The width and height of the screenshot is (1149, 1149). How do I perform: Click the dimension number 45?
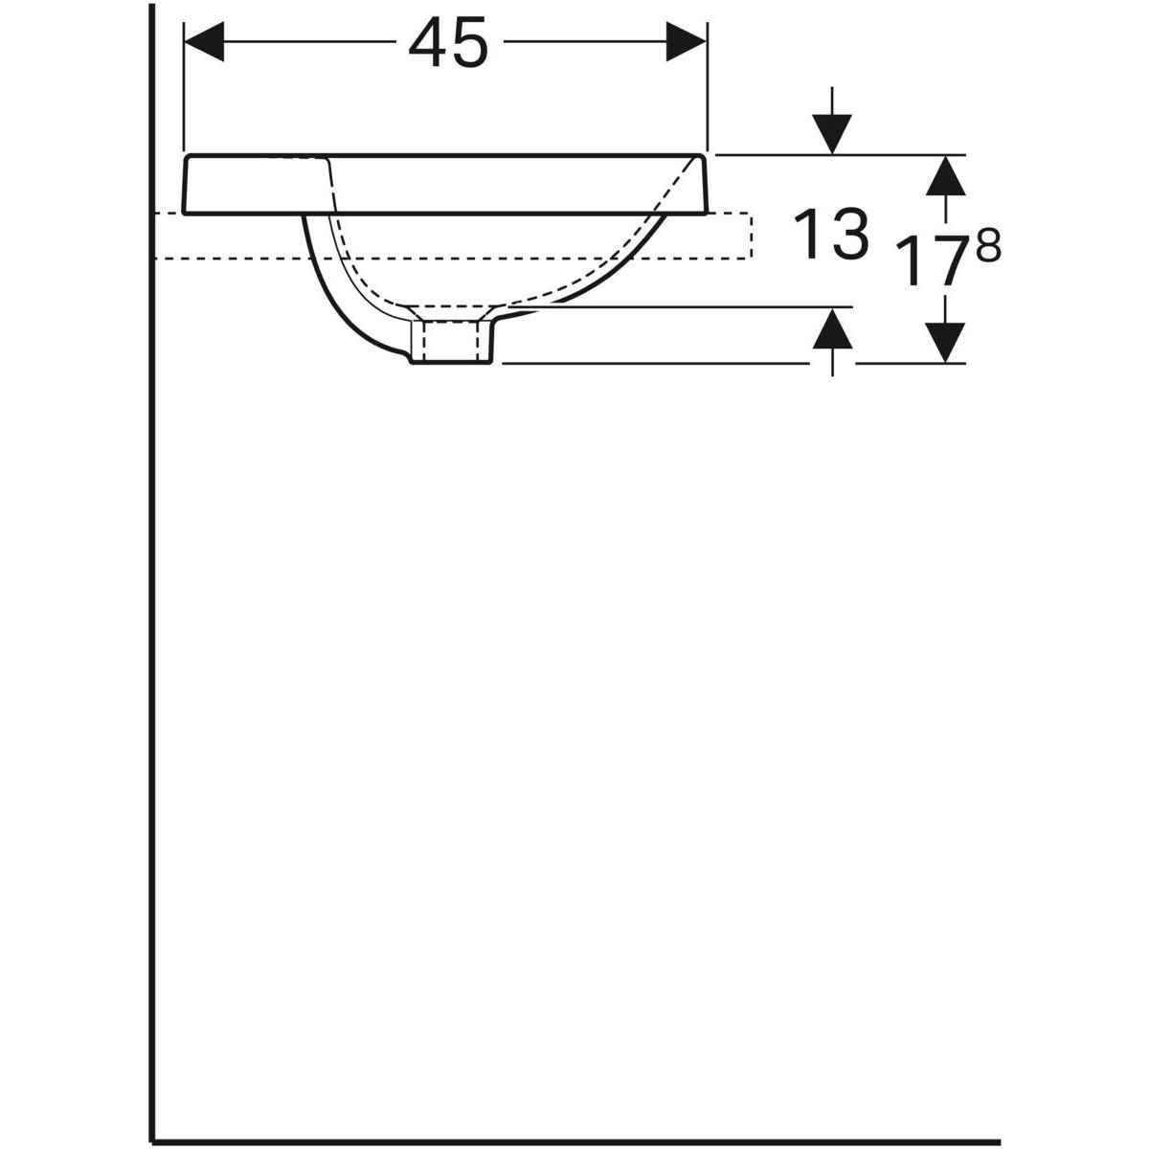click(447, 44)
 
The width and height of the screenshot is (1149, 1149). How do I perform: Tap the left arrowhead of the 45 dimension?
click(202, 42)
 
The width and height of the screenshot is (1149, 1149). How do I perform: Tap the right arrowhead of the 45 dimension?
click(687, 42)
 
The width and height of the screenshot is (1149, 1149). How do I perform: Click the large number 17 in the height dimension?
click(925, 261)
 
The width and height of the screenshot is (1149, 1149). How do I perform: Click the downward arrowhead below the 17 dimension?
click(946, 343)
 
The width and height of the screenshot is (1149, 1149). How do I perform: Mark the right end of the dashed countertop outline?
click(752, 236)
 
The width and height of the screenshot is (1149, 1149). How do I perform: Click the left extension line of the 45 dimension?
click(182, 86)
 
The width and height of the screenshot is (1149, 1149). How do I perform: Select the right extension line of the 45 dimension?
click(707, 86)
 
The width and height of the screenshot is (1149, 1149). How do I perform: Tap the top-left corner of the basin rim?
click(185, 156)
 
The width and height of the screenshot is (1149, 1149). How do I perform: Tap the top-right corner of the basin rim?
click(706, 156)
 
